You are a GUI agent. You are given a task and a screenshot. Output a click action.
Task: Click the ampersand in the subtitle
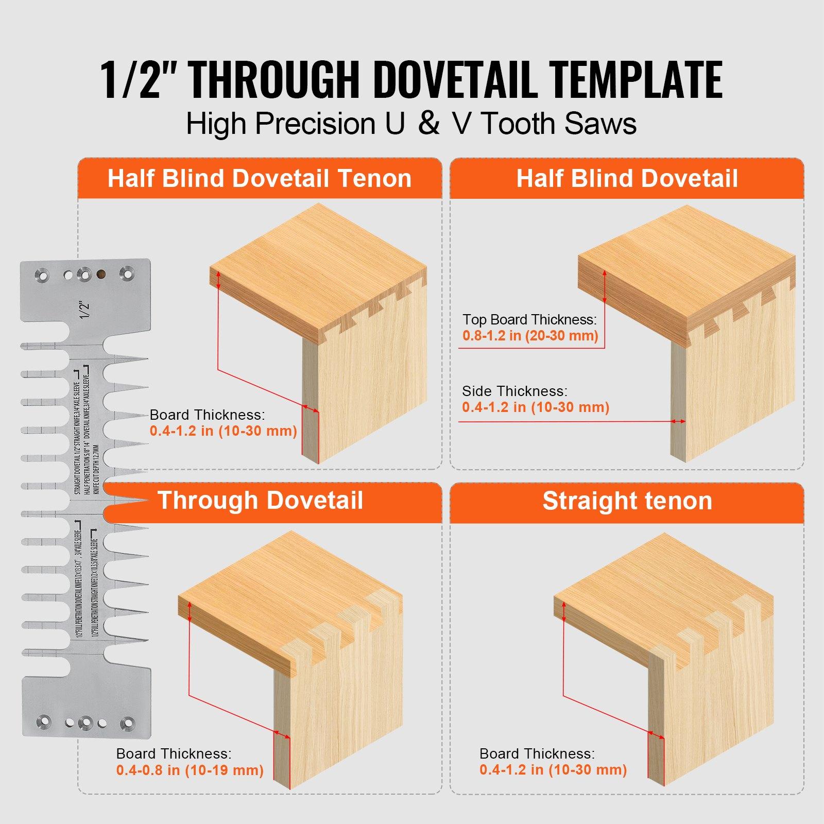(428, 124)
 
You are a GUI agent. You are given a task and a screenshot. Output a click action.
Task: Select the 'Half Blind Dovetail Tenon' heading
(260, 179)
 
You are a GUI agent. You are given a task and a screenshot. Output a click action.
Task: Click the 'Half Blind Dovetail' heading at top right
(627, 179)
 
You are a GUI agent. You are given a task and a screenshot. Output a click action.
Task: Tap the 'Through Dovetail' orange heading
(260, 500)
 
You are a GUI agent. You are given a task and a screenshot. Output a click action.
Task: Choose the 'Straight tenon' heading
(627, 501)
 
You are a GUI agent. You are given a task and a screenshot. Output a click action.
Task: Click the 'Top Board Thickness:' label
(529, 320)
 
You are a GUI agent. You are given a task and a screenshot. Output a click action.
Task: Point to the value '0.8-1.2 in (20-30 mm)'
(530, 336)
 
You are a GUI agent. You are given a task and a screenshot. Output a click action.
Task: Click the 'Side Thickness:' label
(514, 391)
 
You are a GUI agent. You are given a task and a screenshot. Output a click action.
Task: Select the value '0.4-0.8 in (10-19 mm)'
(190, 770)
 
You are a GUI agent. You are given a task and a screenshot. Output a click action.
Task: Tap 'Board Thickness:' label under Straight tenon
(537, 754)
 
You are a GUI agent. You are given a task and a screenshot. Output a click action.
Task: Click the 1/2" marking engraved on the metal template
(85, 310)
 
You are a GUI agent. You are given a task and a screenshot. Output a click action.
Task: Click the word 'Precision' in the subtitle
(315, 124)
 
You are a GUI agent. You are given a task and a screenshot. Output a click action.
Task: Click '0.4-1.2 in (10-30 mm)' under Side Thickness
(536, 407)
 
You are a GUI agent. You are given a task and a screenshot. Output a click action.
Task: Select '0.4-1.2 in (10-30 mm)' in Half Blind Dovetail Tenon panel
(224, 431)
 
